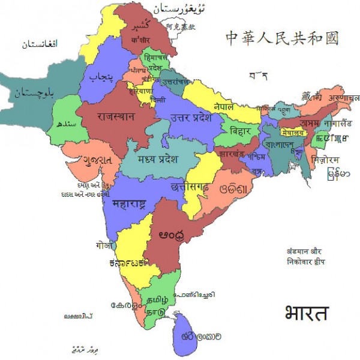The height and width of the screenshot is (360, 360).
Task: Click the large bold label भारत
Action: pyautogui.click(x=307, y=313)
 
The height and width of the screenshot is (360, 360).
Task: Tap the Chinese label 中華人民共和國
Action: pyautogui.click(x=282, y=38)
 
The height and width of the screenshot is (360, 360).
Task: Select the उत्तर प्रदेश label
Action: pyautogui.click(x=191, y=118)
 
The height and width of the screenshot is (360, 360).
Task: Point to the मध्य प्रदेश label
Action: pyautogui.click(x=158, y=159)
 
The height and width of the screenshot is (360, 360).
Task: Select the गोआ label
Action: pyautogui.click(x=103, y=245)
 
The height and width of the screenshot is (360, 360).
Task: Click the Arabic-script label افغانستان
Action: pyautogui.click(x=40, y=44)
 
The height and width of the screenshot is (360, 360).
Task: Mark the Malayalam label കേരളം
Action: pyautogui.click(x=125, y=305)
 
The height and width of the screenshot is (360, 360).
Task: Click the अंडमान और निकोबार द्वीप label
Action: pyautogui.click(x=306, y=257)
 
